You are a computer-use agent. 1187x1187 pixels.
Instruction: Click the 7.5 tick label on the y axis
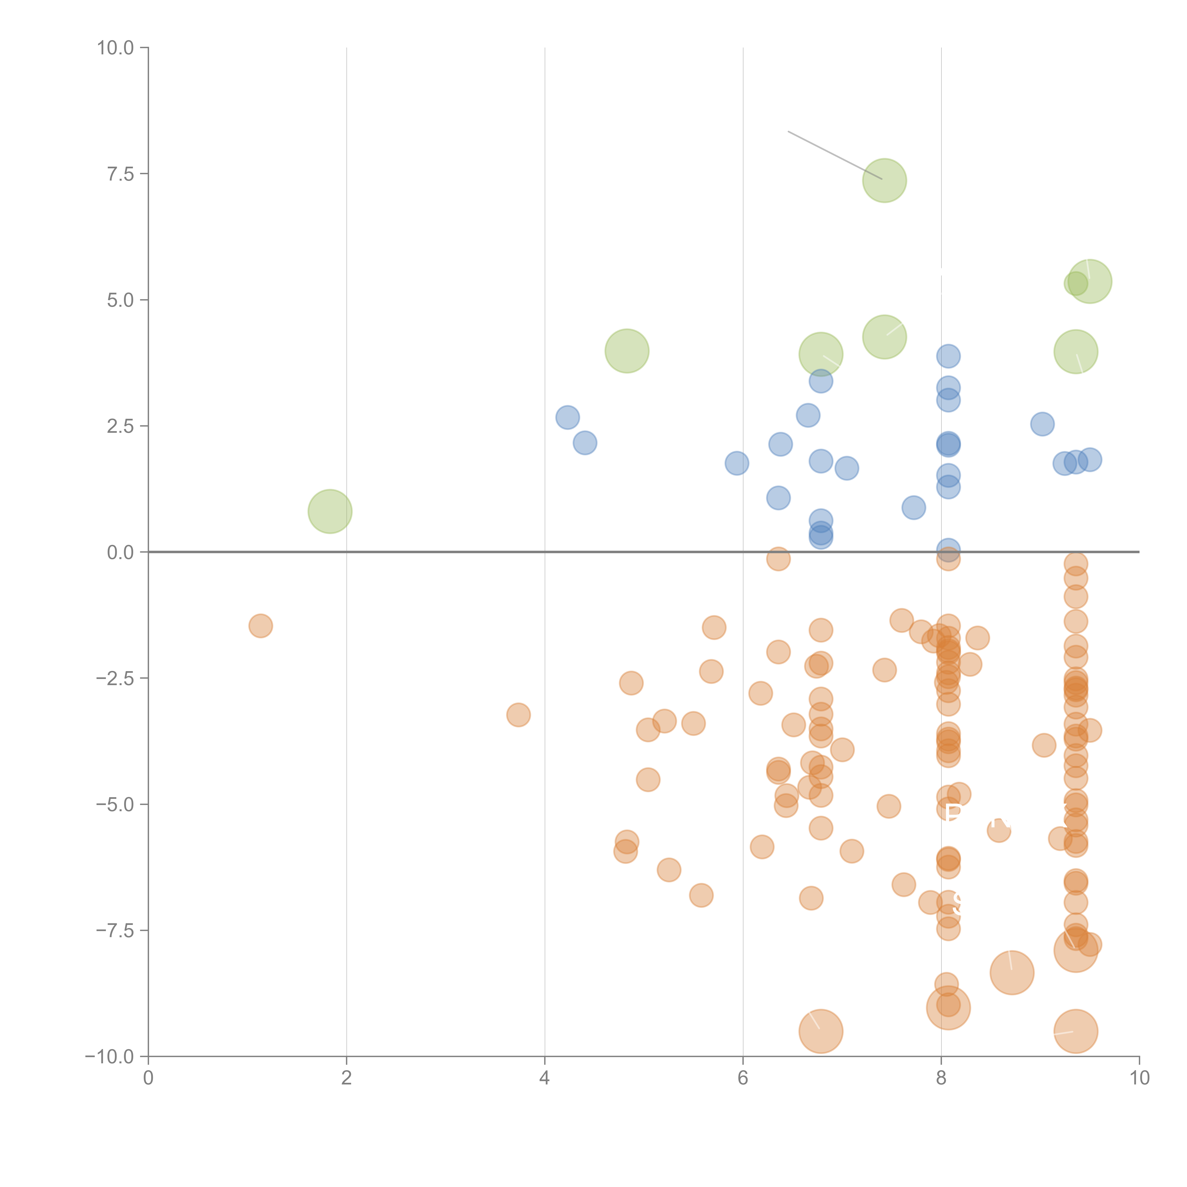point(120,174)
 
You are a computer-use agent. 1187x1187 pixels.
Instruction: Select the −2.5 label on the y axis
point(115,678)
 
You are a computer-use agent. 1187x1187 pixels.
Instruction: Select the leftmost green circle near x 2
point(330,511)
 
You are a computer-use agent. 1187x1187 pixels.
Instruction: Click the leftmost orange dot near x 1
point(260,626)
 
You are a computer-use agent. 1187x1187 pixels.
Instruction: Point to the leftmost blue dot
point(567,418)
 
